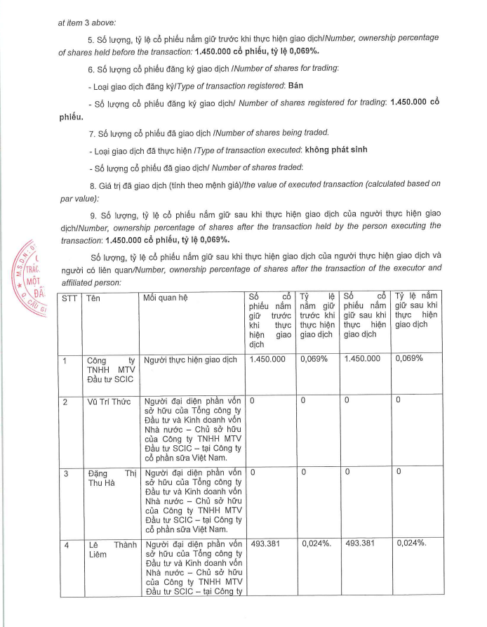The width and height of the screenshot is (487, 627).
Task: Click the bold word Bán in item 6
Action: pos(297,85)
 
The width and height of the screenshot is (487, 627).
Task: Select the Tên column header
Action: pos(93,298)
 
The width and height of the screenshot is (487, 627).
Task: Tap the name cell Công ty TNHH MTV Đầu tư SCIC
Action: pos(110,369)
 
